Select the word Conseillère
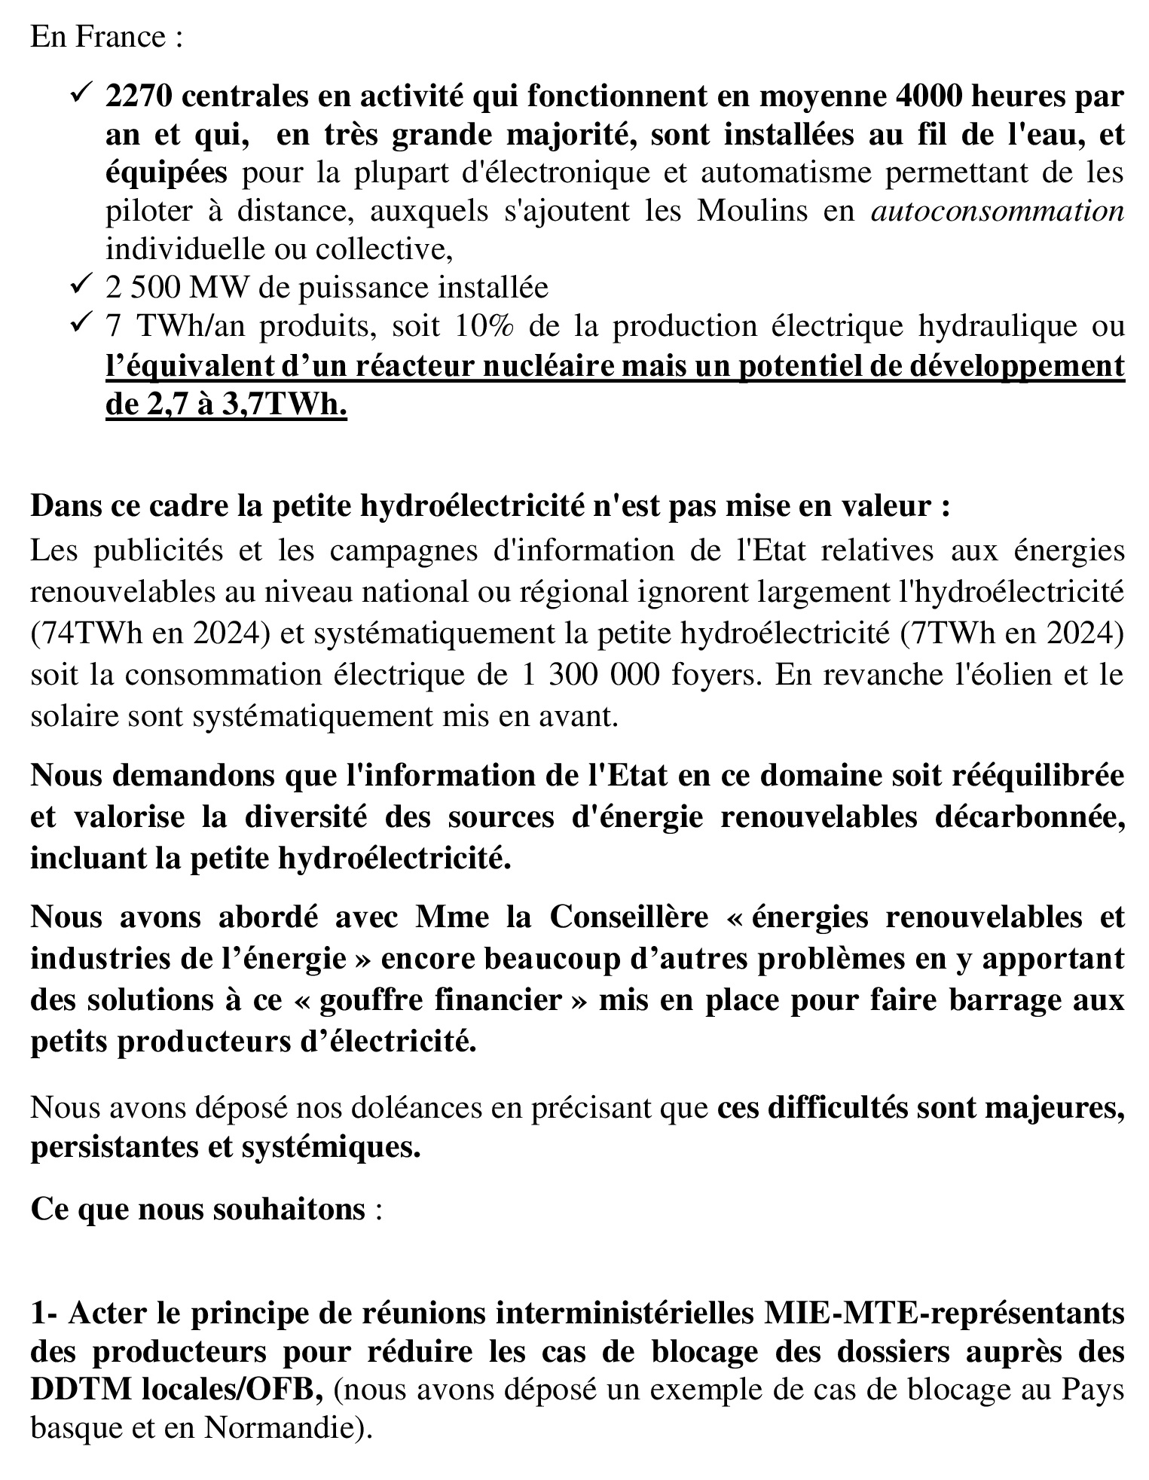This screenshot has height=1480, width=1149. tap(629, 918)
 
